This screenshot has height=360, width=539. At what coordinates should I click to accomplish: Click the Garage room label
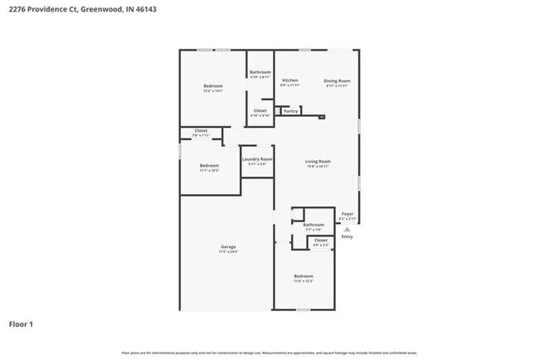(228, 246)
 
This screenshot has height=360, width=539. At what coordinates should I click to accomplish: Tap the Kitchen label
(289, 80)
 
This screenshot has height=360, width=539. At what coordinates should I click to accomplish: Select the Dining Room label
(337, 80)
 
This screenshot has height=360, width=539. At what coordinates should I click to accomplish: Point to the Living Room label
(318, 161)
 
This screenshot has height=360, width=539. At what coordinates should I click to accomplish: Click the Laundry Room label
(257, 158)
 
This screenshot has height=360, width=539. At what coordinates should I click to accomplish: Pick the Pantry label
(290, 110)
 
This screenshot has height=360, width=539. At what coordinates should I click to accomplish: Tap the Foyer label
(347, 214)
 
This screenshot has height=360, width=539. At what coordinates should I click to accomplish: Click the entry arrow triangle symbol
(347, 229)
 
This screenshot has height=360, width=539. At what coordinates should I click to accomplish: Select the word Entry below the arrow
(347, 237)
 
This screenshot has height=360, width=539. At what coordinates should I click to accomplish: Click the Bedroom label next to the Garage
(303, 275)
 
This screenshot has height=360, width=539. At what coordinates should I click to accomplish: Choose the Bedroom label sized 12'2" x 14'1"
(213, 85)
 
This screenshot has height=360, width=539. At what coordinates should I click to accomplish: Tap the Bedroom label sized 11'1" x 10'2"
(209, 165)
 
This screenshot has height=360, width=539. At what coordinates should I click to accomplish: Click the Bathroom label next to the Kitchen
(260, 72)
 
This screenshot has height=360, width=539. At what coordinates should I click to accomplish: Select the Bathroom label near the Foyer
(313, 224)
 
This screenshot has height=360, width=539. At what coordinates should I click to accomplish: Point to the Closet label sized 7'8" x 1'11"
(201, 129)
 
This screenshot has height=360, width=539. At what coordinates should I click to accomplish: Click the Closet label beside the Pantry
(260, 110)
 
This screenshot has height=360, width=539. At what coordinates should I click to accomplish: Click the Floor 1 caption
(22, 324)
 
